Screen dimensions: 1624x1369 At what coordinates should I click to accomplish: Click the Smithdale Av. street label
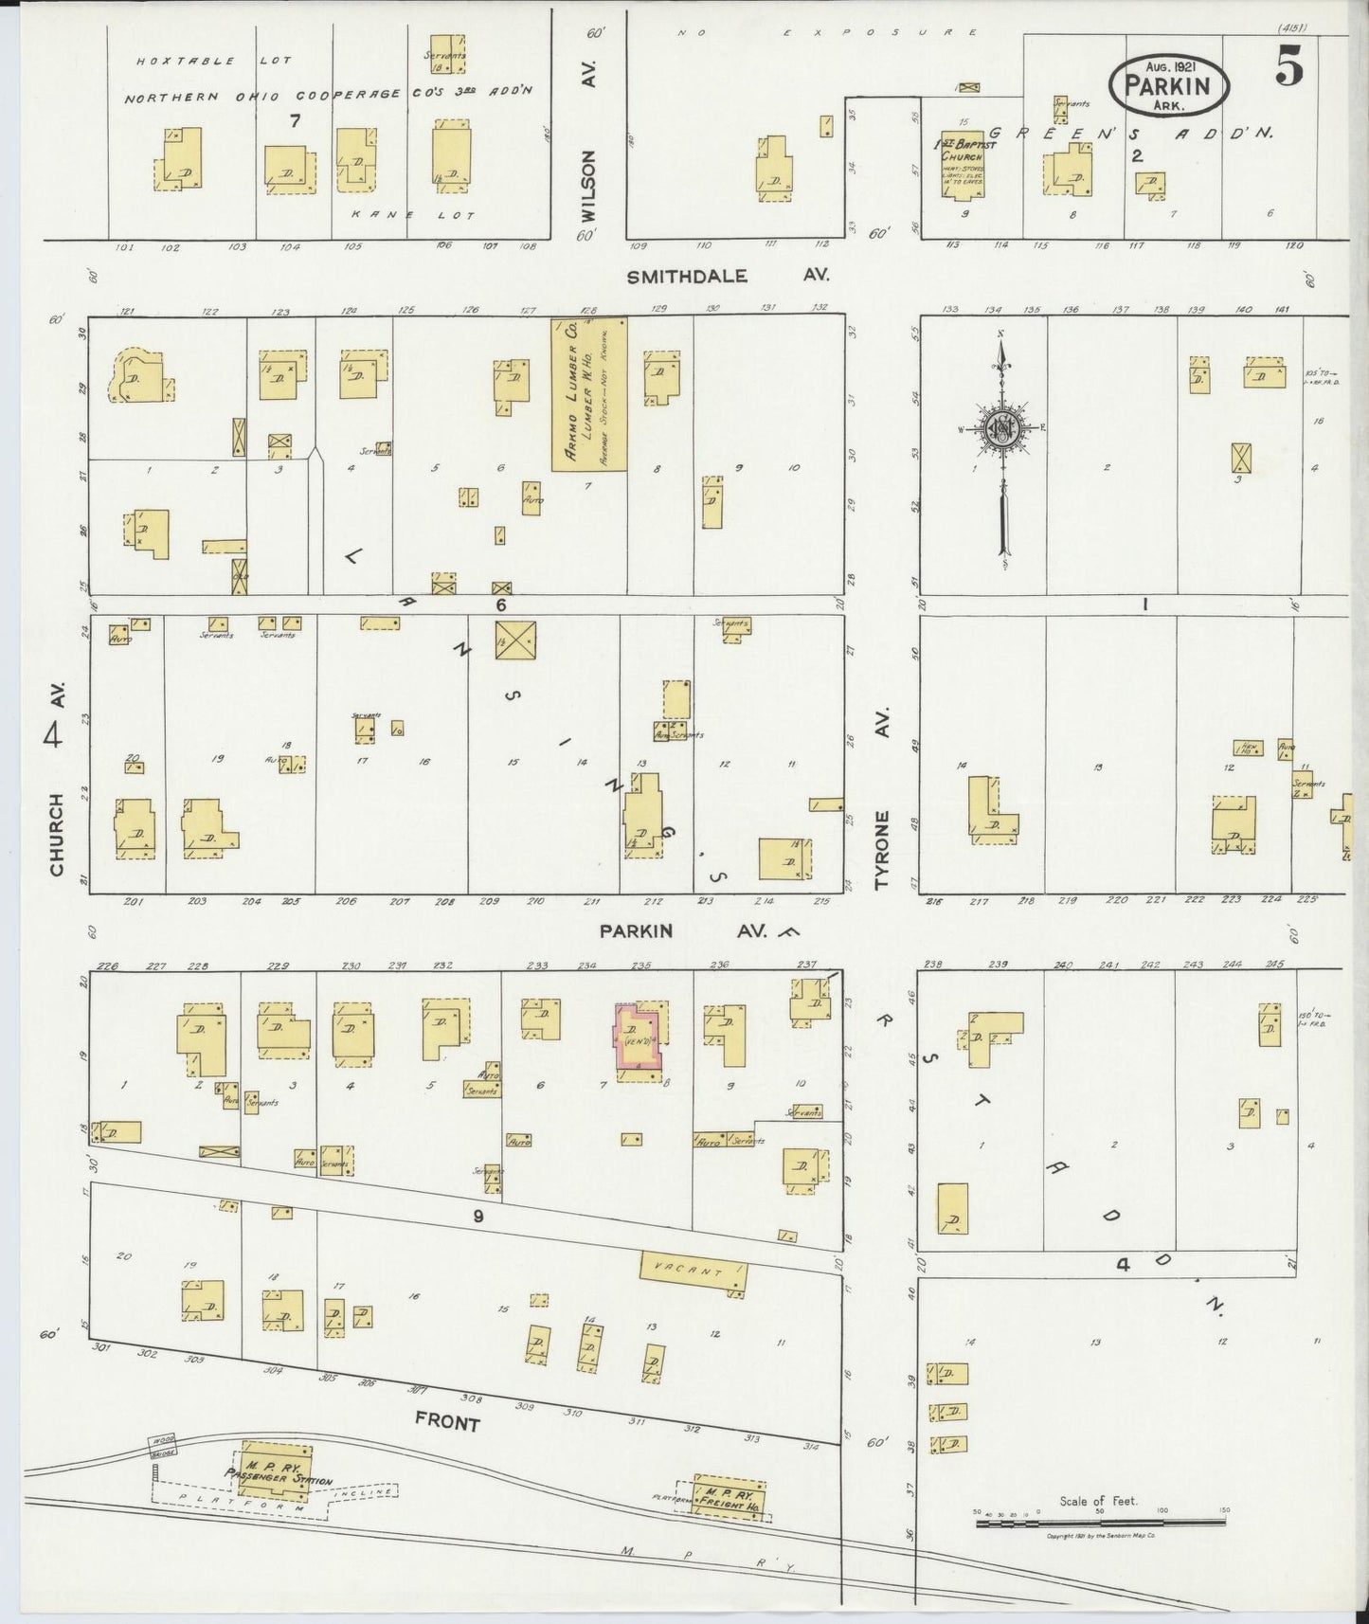(x=728, y=276)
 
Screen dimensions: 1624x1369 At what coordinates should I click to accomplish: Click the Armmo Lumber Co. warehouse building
(x=588, y=394)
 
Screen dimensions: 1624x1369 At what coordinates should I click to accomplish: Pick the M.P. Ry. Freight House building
(x=730, y=1497)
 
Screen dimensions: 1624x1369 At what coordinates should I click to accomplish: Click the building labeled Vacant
(x=694, y=1272)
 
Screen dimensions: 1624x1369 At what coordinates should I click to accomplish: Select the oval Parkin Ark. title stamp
(x=1167, y=83)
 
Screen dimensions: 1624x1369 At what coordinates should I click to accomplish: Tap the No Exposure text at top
(x=826, y=32)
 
